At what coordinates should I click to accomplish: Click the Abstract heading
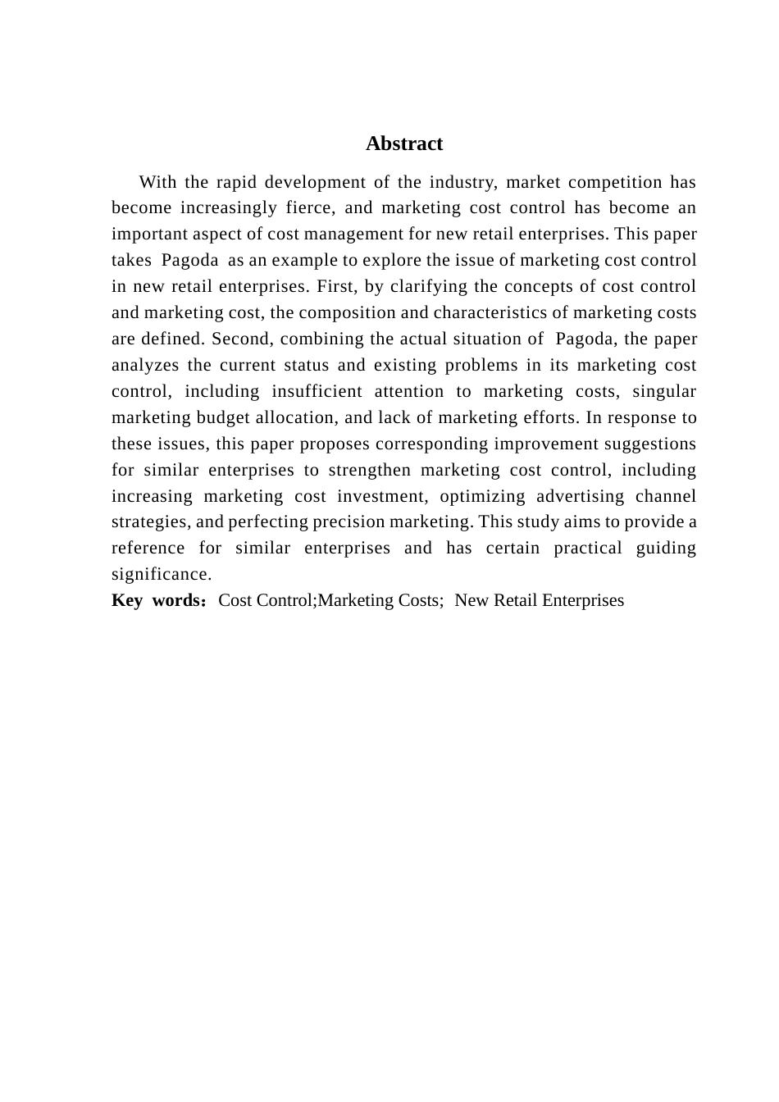click(x=404, y=143)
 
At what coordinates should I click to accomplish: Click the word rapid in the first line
click(x=231, y=182)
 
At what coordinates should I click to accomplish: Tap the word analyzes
click(x=145, y=366)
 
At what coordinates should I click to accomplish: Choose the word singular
click(x=664, y=392)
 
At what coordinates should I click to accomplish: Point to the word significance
click(x=162, y=575)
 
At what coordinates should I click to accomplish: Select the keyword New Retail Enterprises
click(x=539, y=601)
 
